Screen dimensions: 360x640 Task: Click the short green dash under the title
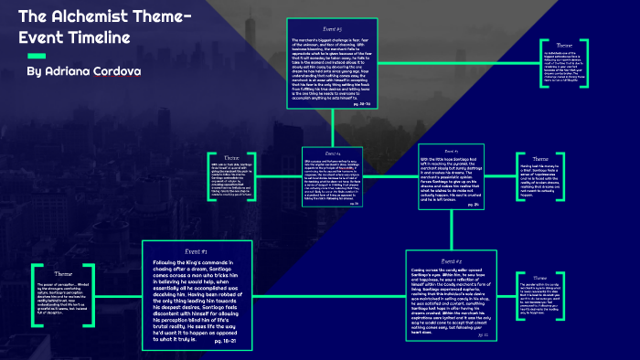click(x=38, y=55)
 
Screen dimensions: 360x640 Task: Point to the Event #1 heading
click(x=193, y=250)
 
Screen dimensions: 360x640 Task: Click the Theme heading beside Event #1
click(x=63, y=273)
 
